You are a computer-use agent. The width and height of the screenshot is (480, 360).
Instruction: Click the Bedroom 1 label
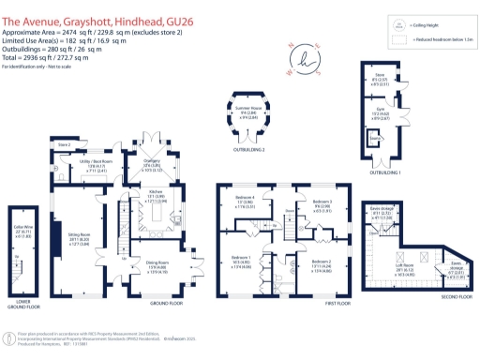tap(241, 255)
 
